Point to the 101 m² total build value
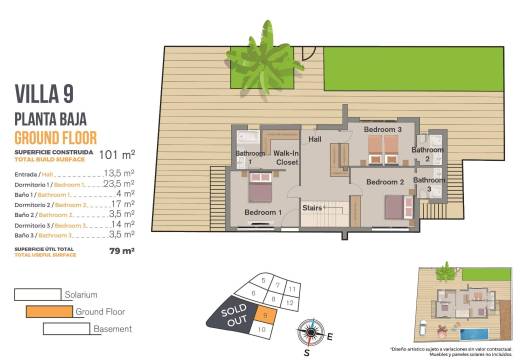click(x=119, y=155)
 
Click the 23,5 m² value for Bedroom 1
click(x=119, y=184)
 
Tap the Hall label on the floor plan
click(x=315, y=139)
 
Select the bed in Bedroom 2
click(x=392, y=206)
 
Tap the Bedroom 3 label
click(x=382, y=130)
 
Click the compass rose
click(x=313, y=331)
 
